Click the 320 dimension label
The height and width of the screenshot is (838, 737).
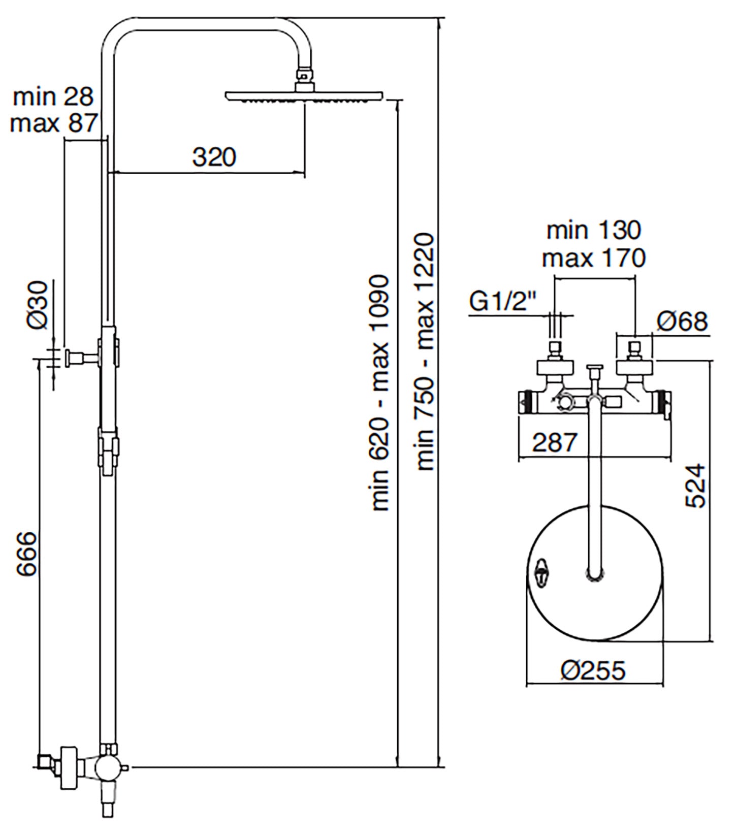click(214, 157)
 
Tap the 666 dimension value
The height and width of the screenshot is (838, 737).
click(27, 554)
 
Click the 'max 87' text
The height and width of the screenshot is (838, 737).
click(53, 123)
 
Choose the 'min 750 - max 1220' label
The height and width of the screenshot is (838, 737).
click(425, 351)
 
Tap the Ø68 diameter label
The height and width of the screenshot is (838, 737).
click(682, 321)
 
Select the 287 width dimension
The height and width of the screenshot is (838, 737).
click(555, 442)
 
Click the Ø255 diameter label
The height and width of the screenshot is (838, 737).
click(593, 671)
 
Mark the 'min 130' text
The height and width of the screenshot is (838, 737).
click(594, 231)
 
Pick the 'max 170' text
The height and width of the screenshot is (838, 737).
click(594, 258)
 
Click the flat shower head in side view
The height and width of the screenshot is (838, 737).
click(304, 96)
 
